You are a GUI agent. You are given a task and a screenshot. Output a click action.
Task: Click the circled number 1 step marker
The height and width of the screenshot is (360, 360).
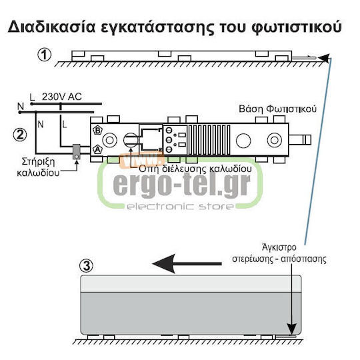pos(44,55)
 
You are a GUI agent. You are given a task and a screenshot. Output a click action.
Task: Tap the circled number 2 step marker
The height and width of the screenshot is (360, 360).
pos(20,135)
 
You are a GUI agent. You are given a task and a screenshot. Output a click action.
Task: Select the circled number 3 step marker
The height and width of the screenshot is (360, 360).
pos(86,266)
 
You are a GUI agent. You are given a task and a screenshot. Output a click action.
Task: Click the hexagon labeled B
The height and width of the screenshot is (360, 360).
pos(98,130)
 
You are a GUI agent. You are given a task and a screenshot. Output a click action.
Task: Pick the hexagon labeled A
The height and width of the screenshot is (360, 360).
pos(98,149)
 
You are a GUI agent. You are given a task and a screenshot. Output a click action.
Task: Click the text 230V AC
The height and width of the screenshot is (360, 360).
pos(62,97)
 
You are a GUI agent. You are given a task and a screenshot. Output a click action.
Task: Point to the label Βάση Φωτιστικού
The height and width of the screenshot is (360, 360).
pos(277,109)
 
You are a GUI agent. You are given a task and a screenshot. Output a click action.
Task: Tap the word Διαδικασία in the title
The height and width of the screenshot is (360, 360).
pos(51,27)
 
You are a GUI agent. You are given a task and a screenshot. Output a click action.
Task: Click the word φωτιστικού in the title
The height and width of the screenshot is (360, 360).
pos(297,27)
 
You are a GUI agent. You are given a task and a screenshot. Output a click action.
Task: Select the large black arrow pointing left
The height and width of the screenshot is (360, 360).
pos(187,264)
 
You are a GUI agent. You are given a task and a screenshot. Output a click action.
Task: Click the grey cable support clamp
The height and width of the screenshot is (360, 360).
pos(77,151)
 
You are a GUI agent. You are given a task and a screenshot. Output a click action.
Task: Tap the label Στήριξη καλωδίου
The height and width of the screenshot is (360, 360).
pos(38,167)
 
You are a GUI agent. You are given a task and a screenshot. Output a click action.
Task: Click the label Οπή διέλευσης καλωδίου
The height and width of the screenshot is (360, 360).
pos(195,169)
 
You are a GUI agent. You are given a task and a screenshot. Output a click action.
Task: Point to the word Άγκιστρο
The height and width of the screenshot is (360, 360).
pos(279,247)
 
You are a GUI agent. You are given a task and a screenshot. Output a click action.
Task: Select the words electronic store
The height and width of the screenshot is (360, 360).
pos(179,206)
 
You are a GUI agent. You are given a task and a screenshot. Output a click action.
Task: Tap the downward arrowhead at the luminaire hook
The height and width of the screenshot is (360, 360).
pos(291,330)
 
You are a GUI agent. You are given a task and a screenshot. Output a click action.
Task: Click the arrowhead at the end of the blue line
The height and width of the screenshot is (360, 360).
pos(324,58)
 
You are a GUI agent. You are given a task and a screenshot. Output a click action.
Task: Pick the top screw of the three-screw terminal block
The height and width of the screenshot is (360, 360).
pos(169,130)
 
